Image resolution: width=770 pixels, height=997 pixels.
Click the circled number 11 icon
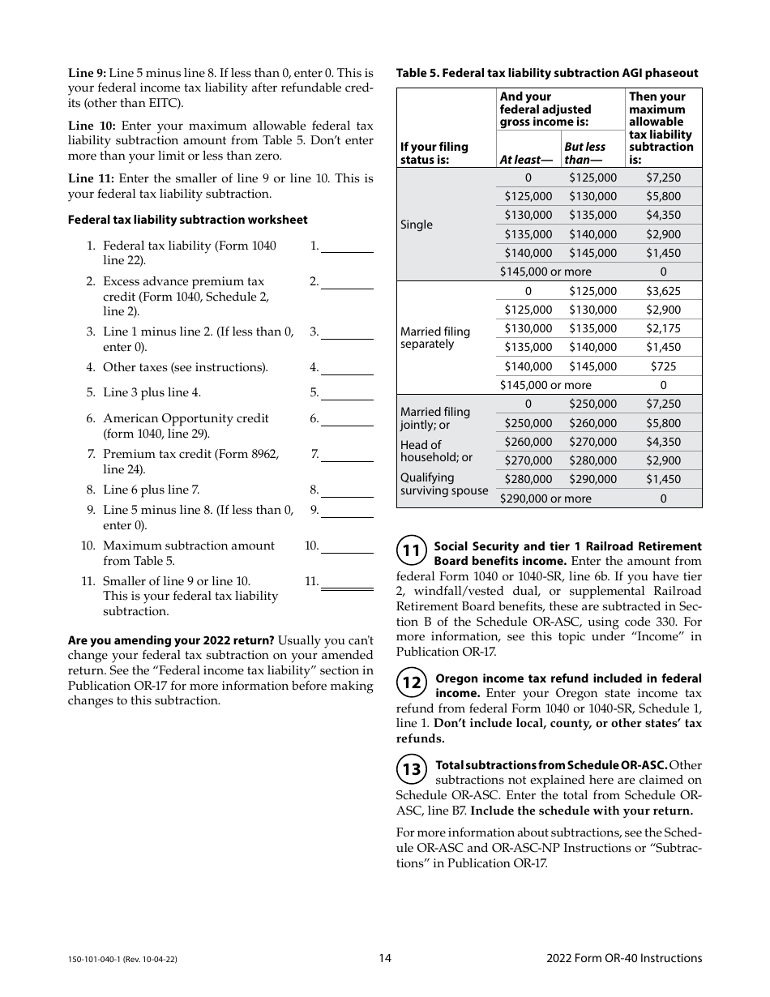pos(411,551)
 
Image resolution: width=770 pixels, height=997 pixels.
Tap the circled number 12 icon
pos(411,683)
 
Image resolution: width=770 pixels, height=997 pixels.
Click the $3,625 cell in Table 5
pos(663,291)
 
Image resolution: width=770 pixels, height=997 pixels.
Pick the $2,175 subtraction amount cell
pos(663,328)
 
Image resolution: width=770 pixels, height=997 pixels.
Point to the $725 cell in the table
pos(663,366)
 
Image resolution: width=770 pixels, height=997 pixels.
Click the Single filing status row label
pos(417,225)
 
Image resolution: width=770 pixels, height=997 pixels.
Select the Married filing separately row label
pos(434,337)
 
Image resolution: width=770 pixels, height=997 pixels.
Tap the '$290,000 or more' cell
pos(545,498)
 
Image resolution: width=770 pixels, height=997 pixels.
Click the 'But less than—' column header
pos(584,152)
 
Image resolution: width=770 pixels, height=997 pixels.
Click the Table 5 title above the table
pos(546,73)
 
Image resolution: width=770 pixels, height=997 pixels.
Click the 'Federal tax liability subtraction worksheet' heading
pos(187,220)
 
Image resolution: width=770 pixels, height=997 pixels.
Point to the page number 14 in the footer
pos(385,958)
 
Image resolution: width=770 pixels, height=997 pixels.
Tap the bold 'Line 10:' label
pos(92,126)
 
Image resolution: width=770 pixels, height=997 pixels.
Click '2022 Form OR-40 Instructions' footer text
pos(624,958)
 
